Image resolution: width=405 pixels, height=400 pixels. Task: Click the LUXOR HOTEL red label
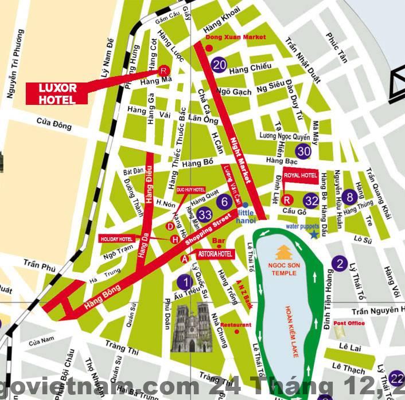coord(57,93)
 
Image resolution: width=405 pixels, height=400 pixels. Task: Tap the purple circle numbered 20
coord(219,65)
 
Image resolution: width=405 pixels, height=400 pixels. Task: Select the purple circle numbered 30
coord(304,151)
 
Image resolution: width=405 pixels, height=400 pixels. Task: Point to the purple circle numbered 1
coord(185,281)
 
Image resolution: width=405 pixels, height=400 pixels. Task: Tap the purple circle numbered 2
coord(340,264)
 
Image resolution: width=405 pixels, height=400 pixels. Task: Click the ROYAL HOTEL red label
coord(301,175)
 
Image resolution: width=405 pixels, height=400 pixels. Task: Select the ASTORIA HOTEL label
coord(215,254)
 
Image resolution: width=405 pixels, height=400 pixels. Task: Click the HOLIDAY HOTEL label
coord(116,238)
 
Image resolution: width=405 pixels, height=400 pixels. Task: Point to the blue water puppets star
coord(314,234)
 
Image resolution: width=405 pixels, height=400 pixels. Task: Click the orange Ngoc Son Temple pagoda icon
coord(283,252)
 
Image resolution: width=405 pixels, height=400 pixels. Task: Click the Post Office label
coord(349,323)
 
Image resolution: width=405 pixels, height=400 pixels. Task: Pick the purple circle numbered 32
coord(311,201)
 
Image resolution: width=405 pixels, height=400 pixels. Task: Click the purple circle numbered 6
coord(224,201)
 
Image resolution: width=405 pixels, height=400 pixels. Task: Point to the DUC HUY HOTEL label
coord(190,189)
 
